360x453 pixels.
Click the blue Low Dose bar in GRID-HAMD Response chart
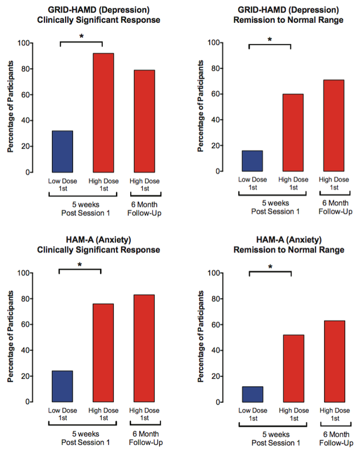[x=62, y=151]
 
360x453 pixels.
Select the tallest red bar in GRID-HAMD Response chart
[x=103, y=113]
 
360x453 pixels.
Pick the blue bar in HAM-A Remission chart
[x=252, y=394]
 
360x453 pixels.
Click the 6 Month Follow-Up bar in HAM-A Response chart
[x=144, y=348]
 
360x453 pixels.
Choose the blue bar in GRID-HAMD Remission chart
[x=252, y=161]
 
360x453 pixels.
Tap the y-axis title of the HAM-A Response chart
[x=11, y=338]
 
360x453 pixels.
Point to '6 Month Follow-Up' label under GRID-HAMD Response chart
[x=144, y=210]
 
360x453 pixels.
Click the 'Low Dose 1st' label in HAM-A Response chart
[x=61, y=415]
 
